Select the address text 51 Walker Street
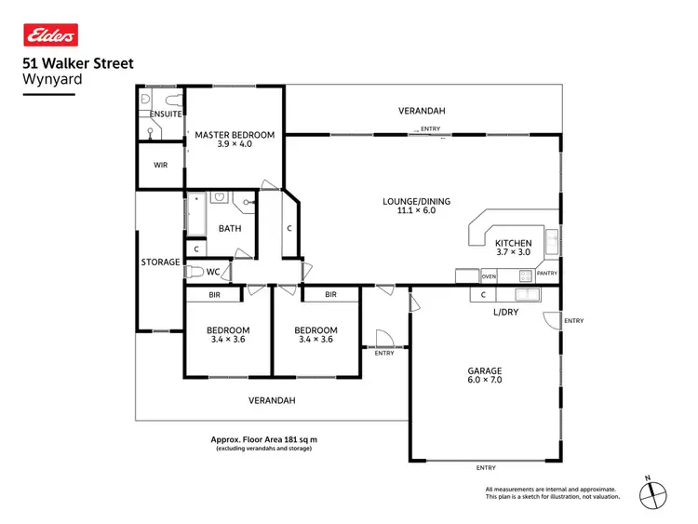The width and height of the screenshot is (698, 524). point(77,64)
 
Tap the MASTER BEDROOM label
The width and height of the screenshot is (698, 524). point(235,135)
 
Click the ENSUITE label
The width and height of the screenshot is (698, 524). point(166,114)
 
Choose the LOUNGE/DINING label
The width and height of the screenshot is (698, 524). point(410,201)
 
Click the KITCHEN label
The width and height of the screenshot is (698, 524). point(513,243)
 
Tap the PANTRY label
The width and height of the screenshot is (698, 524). point(547,274)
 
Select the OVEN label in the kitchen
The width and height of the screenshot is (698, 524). point(489,276)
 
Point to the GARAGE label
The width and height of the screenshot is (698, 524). point(485,369)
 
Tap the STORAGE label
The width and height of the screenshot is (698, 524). point(160,262)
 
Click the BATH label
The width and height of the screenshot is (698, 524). point(230,228)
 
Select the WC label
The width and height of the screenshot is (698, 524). point(213,273)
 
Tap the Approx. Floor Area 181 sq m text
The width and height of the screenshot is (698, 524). point(264,439)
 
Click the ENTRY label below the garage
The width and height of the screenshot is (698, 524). point(485,467)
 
